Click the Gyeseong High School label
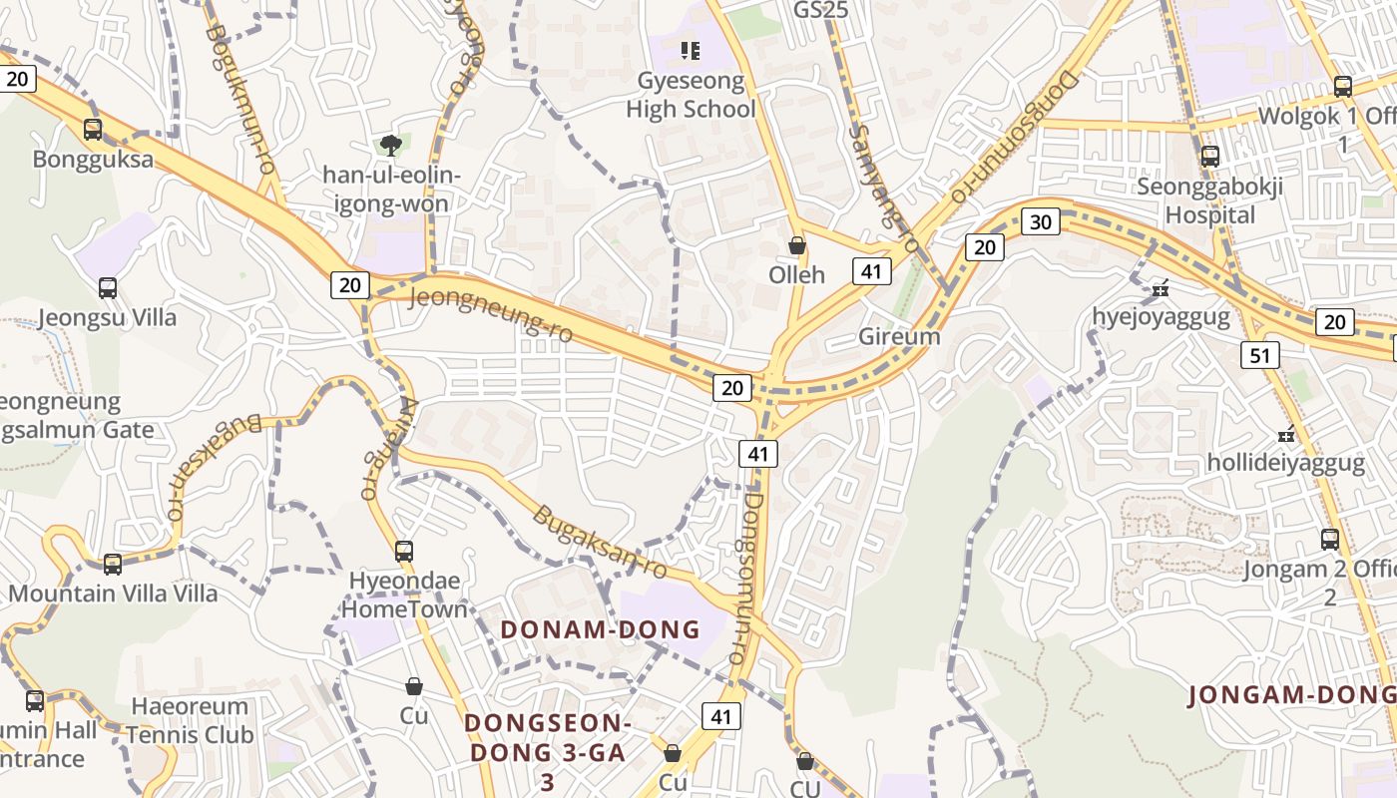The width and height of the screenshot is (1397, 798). (x=691, y=95)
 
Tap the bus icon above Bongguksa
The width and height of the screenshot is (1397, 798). (x=93, y=129)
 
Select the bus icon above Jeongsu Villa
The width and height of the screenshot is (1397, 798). (x=108, y=288)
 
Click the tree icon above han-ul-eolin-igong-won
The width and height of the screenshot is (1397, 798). (x=390, y=146)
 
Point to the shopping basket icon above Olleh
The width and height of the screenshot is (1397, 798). (x=796, y=244)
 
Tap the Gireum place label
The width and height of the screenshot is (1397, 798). (x=899, y=336)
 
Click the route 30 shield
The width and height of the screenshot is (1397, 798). (x=1040, y=221)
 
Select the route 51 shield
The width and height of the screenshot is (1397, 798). (x=1260, y=355)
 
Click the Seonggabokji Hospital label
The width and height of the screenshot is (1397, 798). (x=1209, y=200)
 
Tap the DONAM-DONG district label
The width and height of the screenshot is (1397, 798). (x=600, y=629)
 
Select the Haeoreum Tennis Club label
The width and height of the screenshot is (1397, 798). (x=190, y=720)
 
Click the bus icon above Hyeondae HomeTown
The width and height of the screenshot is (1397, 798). (x=404, y=551)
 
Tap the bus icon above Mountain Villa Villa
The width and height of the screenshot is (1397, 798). (x=113, y=564)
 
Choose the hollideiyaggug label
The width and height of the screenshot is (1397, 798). (x=1285, y=463)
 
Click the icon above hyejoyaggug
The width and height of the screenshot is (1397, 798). (x=1160, y=288)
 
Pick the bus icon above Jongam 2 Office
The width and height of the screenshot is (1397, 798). (x=1330, y=540)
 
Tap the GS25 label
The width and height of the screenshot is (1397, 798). (x=820, y=10)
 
